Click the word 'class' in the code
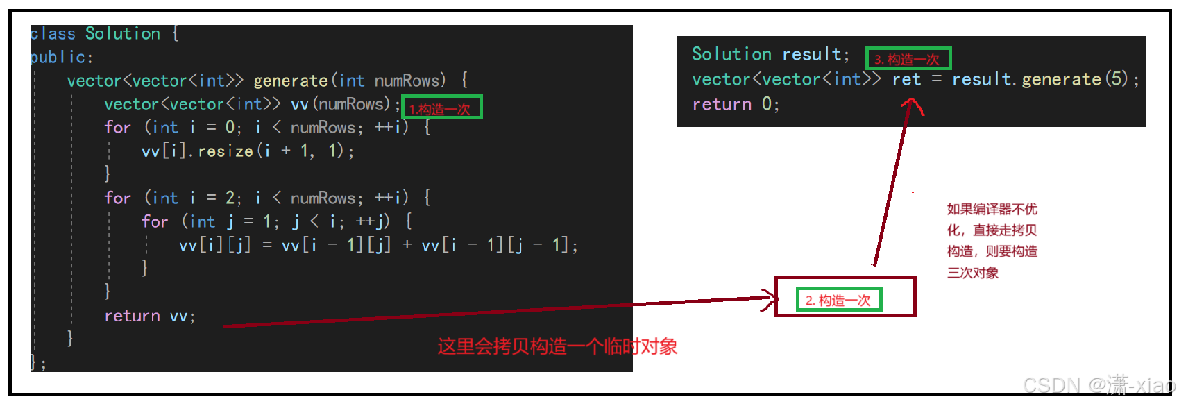click(x=53, y=34)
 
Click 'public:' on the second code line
click(x=61, y=58)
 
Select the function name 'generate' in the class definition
click(x=290, y=81)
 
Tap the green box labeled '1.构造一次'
click(x=441, y=108)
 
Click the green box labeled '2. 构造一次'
click(x=838, y=300)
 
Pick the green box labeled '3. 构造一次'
click(x=908, y=59)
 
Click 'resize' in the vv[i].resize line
click(x=226, y=151)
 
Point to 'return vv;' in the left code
click(x=149, y=316)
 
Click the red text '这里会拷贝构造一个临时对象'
click(x=557, y=346)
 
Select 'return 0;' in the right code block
click(x=736, y=105)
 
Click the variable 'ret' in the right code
click(x=906, y=80)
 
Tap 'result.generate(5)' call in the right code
click(x=1040, y=80)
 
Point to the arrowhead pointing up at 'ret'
click(x=912, y=105)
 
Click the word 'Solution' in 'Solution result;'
click(x=731, y=54)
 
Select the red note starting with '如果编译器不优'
click(x=992, y=241)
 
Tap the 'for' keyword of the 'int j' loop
click(x=155, y=222)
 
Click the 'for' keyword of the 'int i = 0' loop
click(x=117, y=128)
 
